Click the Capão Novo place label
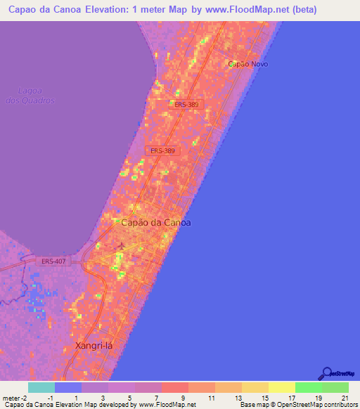pyautogui.click(x=248, y=64)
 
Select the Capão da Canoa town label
pyautogui.click(x=156, y=222)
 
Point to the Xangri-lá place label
pyautogui.click(x=94, y=346)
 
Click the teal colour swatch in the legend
pyautogui.click(x=41, y=388)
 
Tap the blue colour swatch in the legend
pyautogui.click(x=68, y=388)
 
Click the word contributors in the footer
pyautogui.click(x=340, y=405)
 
